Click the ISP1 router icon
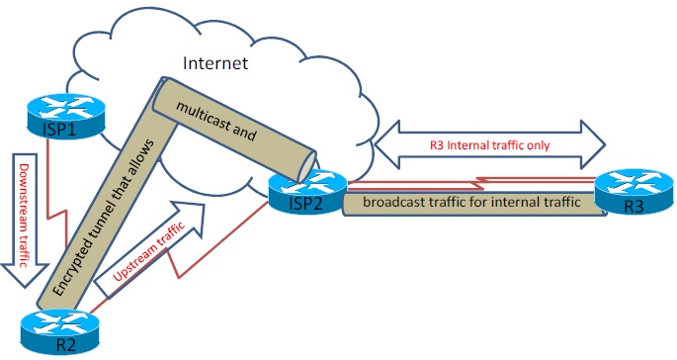[58, 115]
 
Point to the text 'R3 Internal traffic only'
[487, 144]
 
